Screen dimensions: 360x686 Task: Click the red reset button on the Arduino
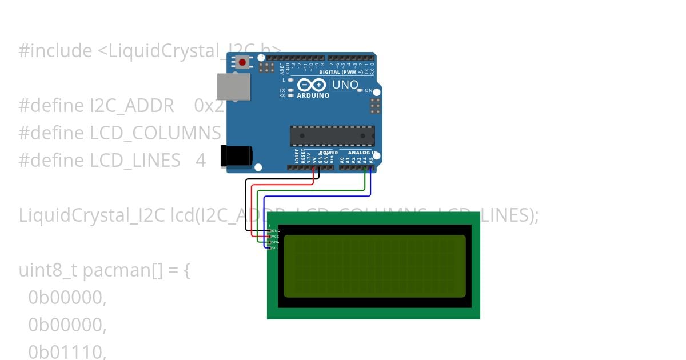(x=242, y=62)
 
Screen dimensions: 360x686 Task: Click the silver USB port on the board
(x=234, y=86)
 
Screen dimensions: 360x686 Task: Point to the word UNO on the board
(x=345, y=85)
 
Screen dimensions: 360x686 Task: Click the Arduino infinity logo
(x=312, y=85)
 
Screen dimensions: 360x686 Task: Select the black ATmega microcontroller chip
(x=332, y=136)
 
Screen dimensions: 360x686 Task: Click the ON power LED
(x=360, y=91)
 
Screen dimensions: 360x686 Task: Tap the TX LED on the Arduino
(x=291, y=90)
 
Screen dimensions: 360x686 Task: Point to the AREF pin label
(x=282, y=69)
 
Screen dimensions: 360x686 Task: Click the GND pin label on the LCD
(x=276, y=231)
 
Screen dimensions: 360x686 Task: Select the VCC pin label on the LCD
(x=276, y=237)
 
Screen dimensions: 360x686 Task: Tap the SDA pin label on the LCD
(x=276, y=242)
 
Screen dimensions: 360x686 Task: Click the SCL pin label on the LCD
(x=276, y=248)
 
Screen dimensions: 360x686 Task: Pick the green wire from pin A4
(x=365, y=180)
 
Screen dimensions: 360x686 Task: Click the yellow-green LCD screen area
(x=374, y=266)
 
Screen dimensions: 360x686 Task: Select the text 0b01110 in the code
(x=67, y=352)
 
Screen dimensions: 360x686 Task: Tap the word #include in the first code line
(x=55, y=51)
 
